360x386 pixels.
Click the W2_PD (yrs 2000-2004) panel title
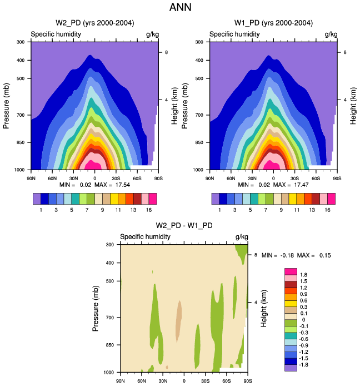click(x=94, y=23)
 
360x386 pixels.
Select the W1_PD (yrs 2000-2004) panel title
click(x=273, y=23)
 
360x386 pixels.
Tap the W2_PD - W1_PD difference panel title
click(x=184, y=225)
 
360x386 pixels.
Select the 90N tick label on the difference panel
click(x=121, y=381)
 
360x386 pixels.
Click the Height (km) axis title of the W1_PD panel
click(x=352, y=105)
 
